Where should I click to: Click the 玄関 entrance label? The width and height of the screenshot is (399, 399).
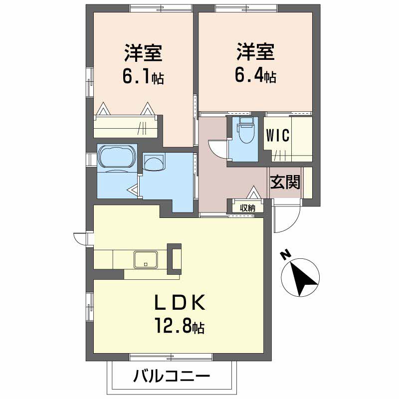pos(285,182)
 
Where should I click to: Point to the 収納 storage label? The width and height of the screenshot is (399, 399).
pos(247,208)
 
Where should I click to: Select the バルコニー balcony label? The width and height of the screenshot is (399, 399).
pos(172,377)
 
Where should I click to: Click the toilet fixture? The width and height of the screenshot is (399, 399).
pos(245,132)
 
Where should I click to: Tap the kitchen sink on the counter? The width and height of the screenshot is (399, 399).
pos(146,259)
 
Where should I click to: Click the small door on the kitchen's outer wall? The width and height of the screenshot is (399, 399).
pos(80,238)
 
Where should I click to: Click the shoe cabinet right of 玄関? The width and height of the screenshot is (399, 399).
pos(308,183)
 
